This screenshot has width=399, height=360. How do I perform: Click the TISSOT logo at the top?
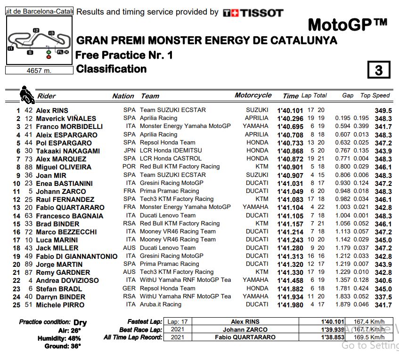coord(253,13)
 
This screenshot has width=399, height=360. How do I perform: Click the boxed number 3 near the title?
coord(379,70)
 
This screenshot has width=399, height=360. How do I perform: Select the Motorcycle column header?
coord(253,95)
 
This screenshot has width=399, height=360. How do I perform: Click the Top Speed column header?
coord(375,95)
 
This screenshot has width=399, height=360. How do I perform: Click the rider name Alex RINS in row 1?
coord(52,111)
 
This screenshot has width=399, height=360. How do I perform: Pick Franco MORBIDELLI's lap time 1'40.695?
coord(290,127)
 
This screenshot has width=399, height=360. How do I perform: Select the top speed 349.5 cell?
coord(383,111)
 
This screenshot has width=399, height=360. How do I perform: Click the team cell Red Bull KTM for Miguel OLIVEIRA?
coord(179,167)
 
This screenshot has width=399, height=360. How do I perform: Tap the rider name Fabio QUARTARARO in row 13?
coord(70,208)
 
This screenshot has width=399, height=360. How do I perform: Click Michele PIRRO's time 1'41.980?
coord(290,305)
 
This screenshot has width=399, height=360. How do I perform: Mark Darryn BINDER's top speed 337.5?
coord(383,297)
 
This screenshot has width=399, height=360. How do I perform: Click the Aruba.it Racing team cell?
coord(160,305)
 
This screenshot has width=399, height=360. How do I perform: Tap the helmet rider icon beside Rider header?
coord(27,95)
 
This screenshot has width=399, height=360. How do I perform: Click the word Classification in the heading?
coord(111,69)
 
